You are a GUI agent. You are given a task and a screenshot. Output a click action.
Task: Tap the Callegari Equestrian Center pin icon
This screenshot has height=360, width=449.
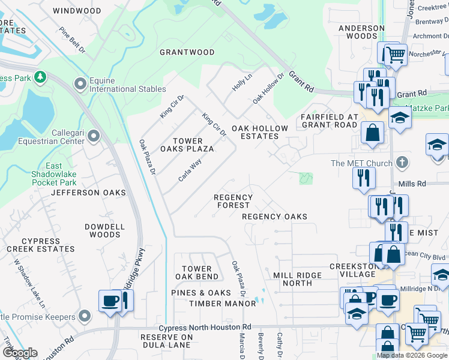[x=93, y=137]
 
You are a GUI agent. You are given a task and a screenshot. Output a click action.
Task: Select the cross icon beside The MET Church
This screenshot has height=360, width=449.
[x=402, y=163]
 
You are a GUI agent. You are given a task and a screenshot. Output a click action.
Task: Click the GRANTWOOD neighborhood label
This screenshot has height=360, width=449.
[x=187, y=52]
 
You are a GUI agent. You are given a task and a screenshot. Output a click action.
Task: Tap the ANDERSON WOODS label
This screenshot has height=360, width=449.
[x=361, y=32]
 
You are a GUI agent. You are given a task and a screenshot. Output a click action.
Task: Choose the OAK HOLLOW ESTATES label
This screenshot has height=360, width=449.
[x=260, y=132]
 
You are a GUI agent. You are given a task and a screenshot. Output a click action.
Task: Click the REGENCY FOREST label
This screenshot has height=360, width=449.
[x=234, y=201]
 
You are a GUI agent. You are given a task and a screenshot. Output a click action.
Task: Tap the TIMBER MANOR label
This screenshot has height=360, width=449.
[x=222, y=304]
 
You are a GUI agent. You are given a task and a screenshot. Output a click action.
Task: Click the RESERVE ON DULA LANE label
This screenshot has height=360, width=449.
[x=166, y=341]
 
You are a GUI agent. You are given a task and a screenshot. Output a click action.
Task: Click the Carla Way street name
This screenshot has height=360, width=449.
[x=190, y=170]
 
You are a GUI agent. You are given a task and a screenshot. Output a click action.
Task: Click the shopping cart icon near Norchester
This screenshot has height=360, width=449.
[x=395, y=55]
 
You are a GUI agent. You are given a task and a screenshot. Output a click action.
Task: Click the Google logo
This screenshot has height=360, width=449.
[x=20, y=353]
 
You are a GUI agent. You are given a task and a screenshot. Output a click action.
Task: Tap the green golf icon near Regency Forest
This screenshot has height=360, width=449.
[x=306, y=178]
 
